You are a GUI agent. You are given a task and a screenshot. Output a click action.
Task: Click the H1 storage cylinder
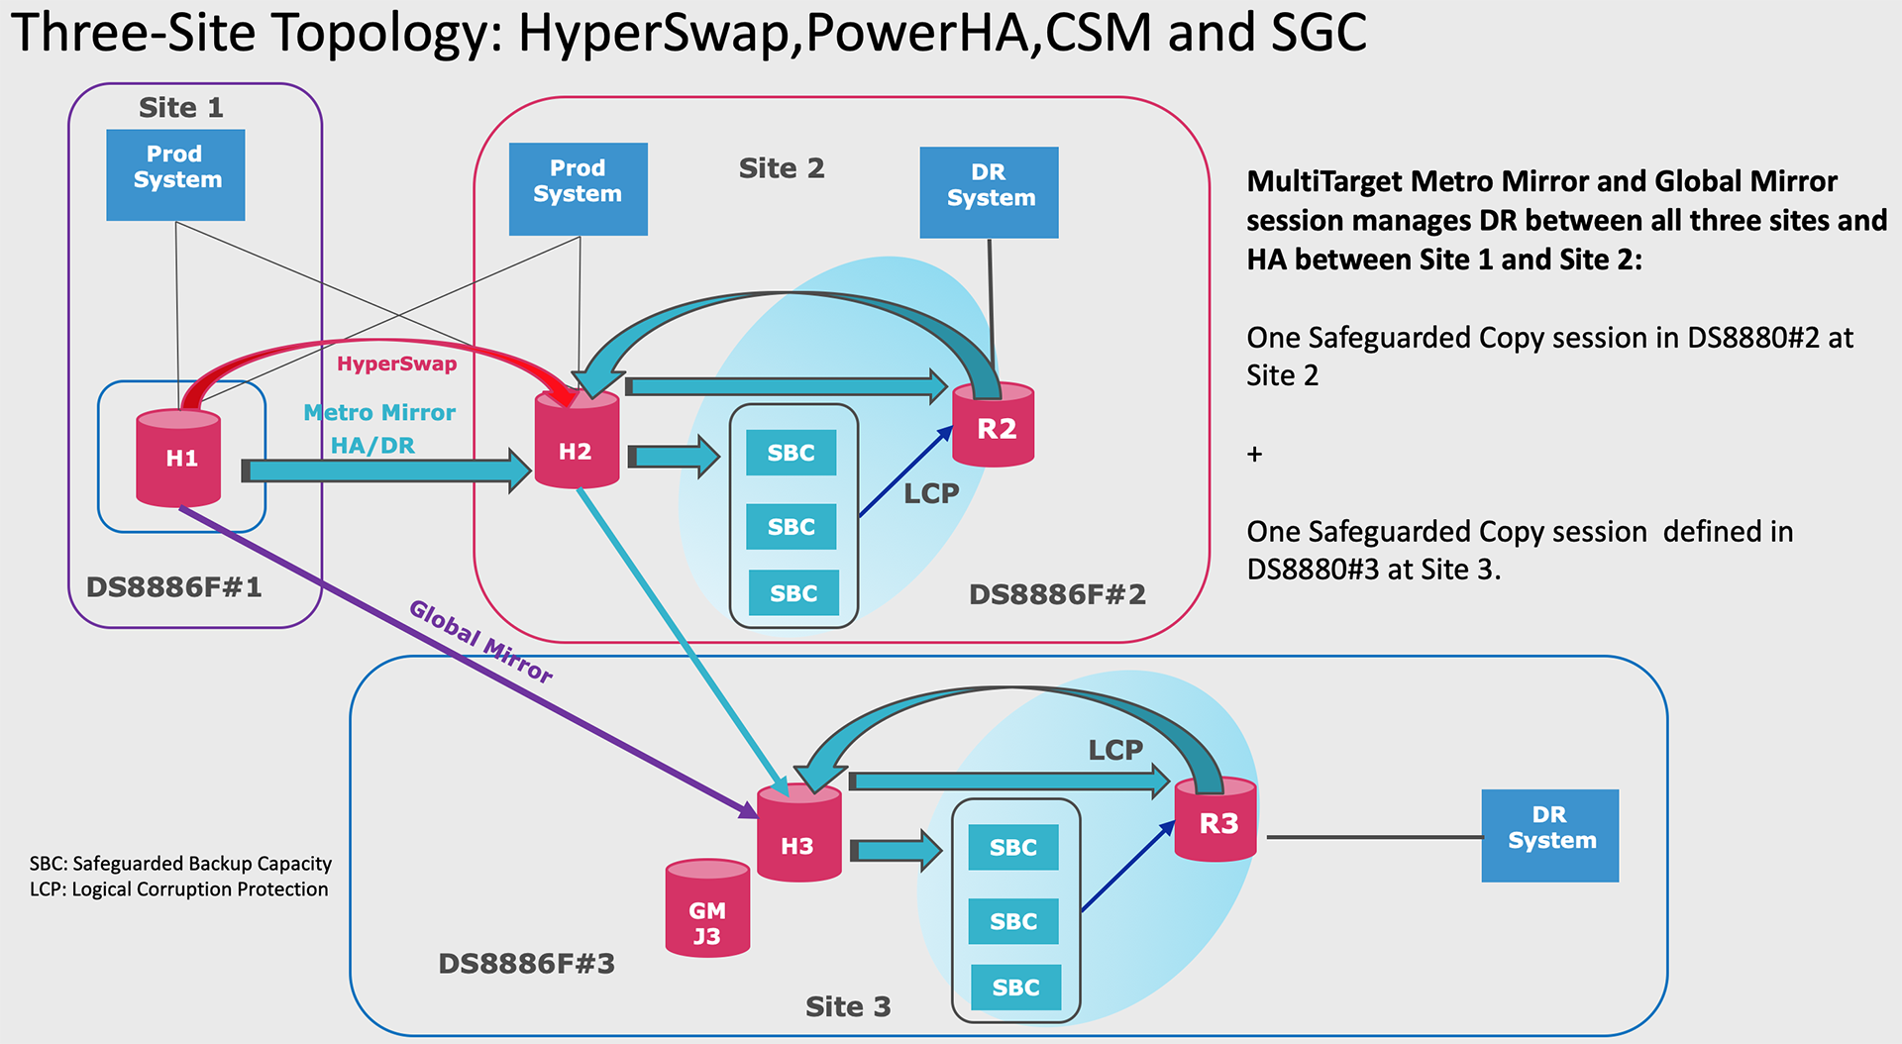point(179,458)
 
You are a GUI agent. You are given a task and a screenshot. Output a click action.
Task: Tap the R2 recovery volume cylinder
point(994,426)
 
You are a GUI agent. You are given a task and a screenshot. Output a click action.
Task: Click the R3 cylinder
point(1215,821)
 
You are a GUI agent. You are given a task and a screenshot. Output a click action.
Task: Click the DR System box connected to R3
point(1549,835)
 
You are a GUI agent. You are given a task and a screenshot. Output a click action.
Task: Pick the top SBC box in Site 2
point(791,453)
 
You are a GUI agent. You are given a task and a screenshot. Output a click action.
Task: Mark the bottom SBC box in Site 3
point(1015,987)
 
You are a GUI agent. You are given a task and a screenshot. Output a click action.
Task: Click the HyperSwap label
point(396,364)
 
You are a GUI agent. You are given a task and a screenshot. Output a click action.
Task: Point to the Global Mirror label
point(480,642)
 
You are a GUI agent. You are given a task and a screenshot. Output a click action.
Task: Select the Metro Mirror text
point(379,412)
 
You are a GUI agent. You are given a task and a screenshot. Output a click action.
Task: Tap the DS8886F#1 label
point(174,587)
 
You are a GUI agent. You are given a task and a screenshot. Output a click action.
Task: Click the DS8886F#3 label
point(526,963)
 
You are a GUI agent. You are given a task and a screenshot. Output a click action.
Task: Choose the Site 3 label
point(848,1006)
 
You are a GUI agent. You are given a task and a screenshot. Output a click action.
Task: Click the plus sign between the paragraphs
point(1254,455)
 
